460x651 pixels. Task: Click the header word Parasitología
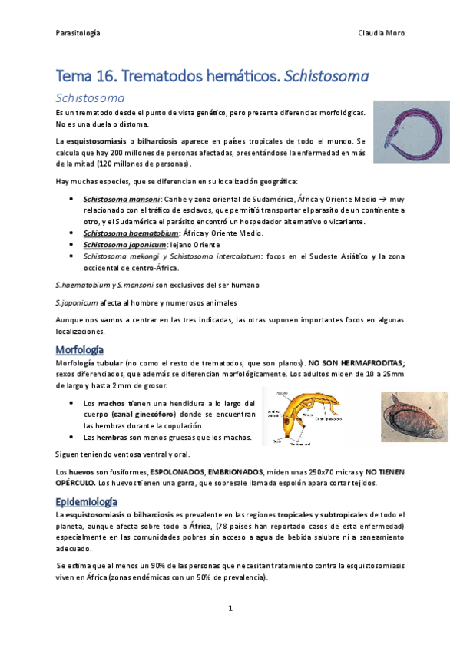click(78, 33)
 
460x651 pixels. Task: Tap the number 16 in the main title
click(104, 77)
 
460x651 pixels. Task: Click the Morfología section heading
click(81, 349)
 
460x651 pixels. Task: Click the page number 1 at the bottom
click(230, 608)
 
